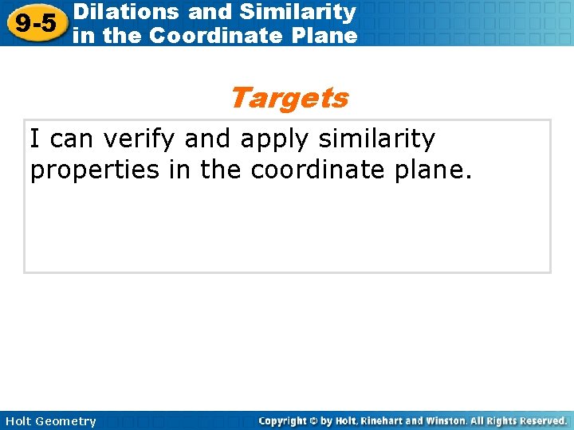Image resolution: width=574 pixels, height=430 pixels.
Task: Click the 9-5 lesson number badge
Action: (35, 23)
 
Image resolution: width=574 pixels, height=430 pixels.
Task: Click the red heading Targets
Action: (289, 98)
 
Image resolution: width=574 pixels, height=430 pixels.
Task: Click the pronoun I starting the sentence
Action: (36, 139)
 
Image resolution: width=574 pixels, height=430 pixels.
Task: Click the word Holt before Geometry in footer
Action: (19, 420)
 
